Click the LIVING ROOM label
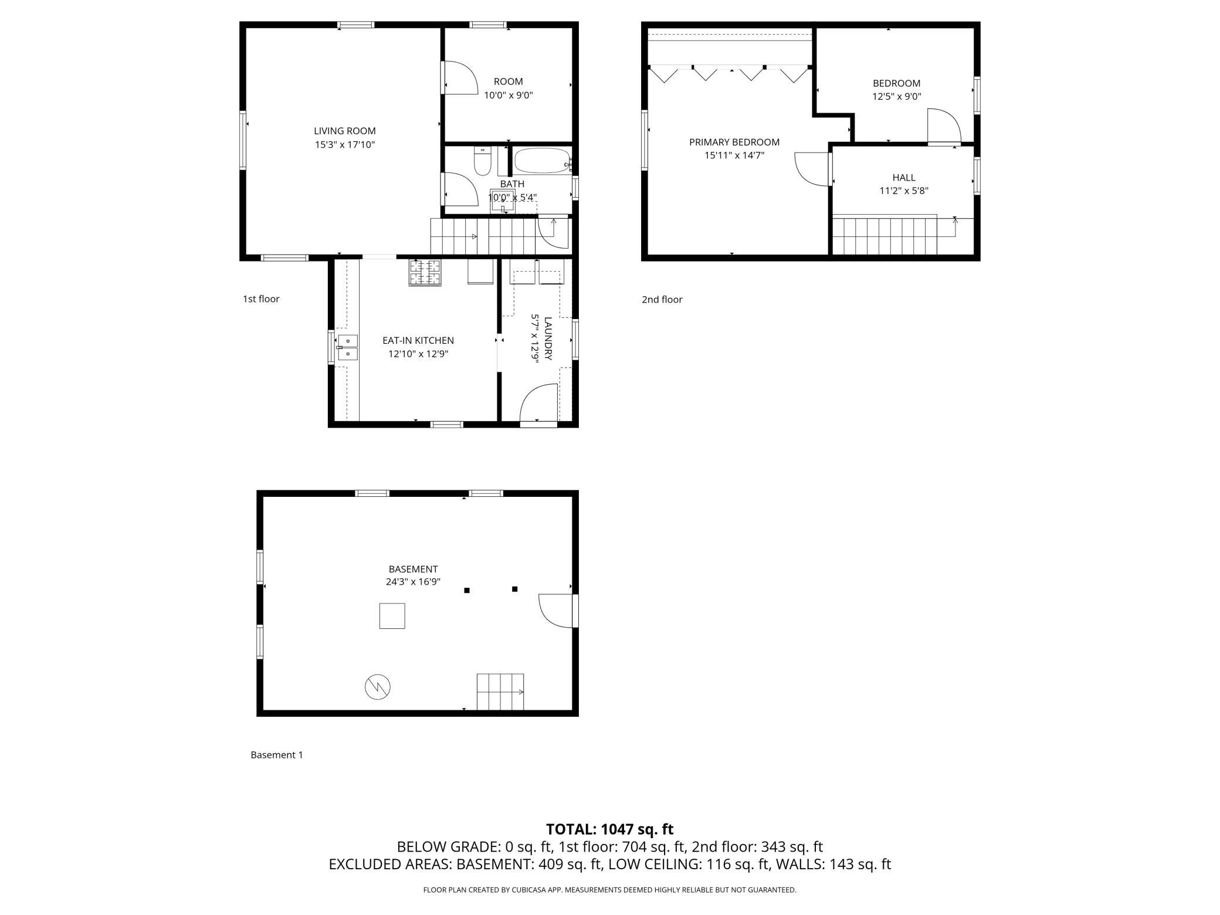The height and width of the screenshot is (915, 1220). pyautogui.click(x=344, y=131)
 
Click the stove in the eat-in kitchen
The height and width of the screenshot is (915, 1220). pyautogui.click(x=425, y=273)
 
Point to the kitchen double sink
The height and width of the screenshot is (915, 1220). pyautogui.click(x=347, y=347)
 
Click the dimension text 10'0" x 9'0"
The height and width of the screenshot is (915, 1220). pyautogui.click(x=508, y=95)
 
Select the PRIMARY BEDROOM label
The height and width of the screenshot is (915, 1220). pyautogui.click(x=734, y=142)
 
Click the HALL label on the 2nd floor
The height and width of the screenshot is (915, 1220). pyautogui.click(x=904, y=177)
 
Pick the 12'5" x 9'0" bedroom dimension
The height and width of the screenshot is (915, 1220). pyautogui.click(x=897, y=97)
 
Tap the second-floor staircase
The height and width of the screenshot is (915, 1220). pyautogui.click(x=884, y=236)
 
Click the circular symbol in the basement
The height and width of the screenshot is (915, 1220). pyautogui.click(x=378, y=687)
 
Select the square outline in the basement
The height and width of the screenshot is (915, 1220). pyautogui.click(x=392, y=616)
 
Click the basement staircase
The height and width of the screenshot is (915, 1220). pyautogui.click(x=500, y=692)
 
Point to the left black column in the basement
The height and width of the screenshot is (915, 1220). pyautogui.click(x=467, y=591)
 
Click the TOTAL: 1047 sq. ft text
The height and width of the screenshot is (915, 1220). pyautogui.click(x=609, y=829)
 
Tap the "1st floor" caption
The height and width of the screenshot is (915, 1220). pyautogui.click(x=261, y=299)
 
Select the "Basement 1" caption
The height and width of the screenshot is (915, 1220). pyautogui.click(x=277, y=755)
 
